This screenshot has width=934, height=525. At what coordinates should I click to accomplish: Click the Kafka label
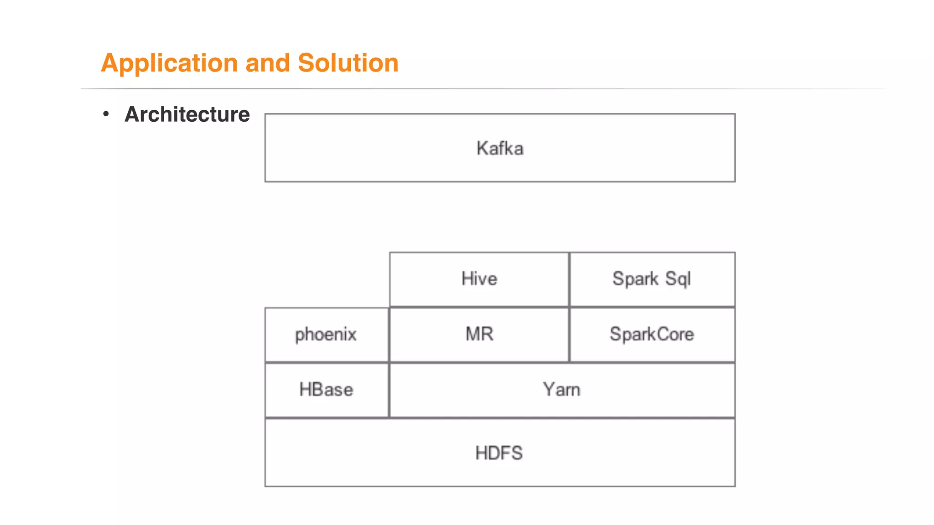coord(500,149)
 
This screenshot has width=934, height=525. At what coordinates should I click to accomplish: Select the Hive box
coord(479,279)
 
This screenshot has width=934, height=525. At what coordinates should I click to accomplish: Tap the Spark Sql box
coord(652,279)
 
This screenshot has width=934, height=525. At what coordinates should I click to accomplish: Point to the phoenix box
coord(327,335)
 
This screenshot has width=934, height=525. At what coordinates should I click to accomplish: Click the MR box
coord(479,335)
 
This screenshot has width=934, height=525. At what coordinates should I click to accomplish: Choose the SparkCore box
coord(652,335)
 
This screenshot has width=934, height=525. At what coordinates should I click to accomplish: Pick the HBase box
coord(327,390)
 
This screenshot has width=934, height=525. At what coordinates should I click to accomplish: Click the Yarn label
coord(561,390)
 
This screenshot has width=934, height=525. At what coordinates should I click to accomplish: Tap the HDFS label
coord(499,453)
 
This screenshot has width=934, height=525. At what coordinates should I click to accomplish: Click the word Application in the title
coord(169,63)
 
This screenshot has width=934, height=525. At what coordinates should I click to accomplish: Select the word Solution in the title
coord(348,63)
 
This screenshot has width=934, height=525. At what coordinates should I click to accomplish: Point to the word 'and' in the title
coord(268,63)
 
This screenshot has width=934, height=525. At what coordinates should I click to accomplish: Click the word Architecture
coord(187,114)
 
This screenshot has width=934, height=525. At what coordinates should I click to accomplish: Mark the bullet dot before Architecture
coord(106,113)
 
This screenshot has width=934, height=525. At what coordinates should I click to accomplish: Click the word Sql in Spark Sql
coord(678,279)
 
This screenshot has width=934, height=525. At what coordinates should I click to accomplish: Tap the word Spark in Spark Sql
coord(635,279)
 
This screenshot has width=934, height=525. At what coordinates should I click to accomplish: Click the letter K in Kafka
coord(483,149)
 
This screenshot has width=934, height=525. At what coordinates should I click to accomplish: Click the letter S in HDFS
coord(517,453)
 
